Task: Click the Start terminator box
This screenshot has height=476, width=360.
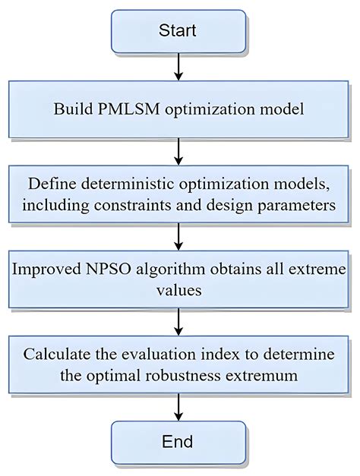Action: coord(178,31)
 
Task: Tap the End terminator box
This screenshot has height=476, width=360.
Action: coord(178,443)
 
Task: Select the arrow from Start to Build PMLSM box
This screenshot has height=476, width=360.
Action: coord(178,67)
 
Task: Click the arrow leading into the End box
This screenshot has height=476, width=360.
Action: coord(178,408)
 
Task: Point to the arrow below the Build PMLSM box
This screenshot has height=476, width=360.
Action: coord(178,152)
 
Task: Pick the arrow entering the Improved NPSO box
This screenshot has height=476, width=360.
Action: coord(178,237)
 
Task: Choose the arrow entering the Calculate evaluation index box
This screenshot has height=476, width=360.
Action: coord(178,322)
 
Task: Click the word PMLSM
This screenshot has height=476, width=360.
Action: coord(129,109)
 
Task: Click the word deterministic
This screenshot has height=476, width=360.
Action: coord(128,184)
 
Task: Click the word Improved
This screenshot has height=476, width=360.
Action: coord(46,270)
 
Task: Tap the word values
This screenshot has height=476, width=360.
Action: coord(179,291)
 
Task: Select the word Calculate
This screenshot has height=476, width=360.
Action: coord(57,355)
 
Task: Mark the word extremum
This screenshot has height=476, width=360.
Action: coord(261,377)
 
